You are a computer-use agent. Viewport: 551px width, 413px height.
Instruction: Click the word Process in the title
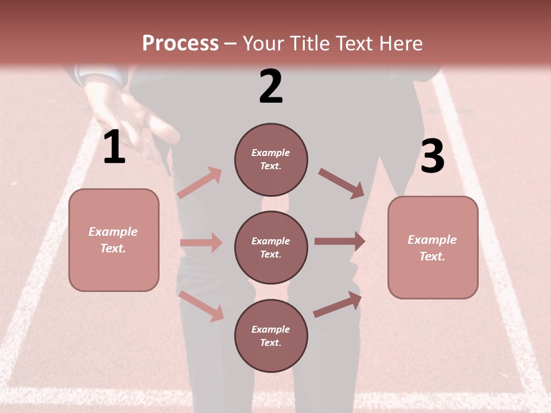tap(180, 43)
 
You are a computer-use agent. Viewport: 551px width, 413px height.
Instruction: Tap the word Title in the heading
tap(310, 43)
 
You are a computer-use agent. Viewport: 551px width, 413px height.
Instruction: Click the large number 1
tap(114, 147)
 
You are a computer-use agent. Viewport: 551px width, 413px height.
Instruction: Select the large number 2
tap(271, 86)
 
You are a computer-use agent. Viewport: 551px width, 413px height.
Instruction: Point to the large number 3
tap(432, 156)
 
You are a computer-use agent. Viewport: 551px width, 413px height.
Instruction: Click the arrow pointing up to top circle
tap(200, 183)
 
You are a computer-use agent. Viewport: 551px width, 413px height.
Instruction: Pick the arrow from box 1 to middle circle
tap(201, 243)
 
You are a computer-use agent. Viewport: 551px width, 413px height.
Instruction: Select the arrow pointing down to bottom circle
tap(201, 305)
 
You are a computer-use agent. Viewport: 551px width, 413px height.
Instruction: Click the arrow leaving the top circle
tap(342, 184)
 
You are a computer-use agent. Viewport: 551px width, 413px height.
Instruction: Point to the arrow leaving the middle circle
tap(340, 241)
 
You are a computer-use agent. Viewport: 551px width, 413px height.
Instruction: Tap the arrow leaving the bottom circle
tap(337, 305)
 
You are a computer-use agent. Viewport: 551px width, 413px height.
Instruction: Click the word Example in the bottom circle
tap(270, 329)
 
